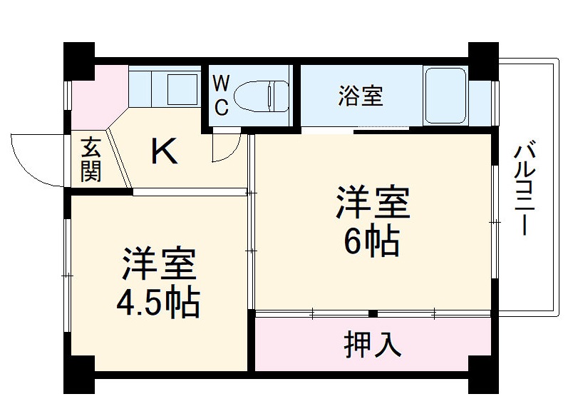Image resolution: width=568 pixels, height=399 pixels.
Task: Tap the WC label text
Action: click(x=221, y=96)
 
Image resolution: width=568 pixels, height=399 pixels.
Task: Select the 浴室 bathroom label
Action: click(x=360, y=96)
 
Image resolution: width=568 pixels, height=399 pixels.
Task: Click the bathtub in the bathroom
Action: click(x=445, y=95)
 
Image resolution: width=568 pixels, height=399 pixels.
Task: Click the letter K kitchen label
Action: click(x=165, y=151)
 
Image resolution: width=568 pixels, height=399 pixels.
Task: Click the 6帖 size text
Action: click(x=371, y=243)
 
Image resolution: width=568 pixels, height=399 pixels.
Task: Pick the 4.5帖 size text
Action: click(x=158, y=303)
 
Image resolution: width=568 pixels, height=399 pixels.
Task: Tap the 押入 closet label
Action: click(x=372, y=345)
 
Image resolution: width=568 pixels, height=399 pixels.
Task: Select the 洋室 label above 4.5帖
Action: click(x=158, y=265)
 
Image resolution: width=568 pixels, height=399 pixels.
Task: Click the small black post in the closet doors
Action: click(x=373, y=313)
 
